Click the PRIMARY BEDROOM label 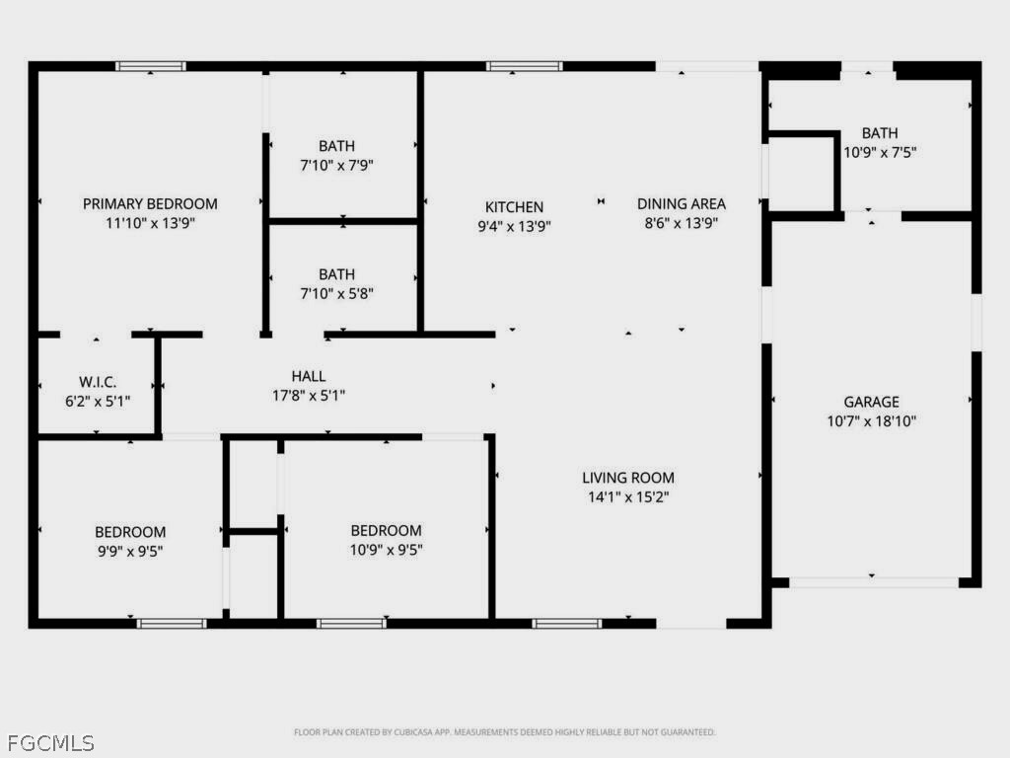tap(150, 203)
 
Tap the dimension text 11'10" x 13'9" tap(150, 223)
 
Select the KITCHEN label tap(514, 207)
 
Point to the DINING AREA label tap(681, 203)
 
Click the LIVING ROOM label tap(628, 478)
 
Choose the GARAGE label tap(871, 402)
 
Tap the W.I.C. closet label tap(98, 381)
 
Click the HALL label tap(309, 376)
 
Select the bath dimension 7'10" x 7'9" tap(336, 165)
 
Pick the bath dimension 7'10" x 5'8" tap(336, 293)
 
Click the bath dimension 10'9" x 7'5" tap(879, 153)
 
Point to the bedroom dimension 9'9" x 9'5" tap(130, 551)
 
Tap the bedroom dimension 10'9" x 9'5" tap(386, 550)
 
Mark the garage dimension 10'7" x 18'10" tap(871, 420)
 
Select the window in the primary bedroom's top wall tap(150, 66)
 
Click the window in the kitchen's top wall tap(524, 66)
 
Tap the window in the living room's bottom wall tap(566, 623)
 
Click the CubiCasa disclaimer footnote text tap(505, 732)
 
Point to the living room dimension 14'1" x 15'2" tap(628, 496)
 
